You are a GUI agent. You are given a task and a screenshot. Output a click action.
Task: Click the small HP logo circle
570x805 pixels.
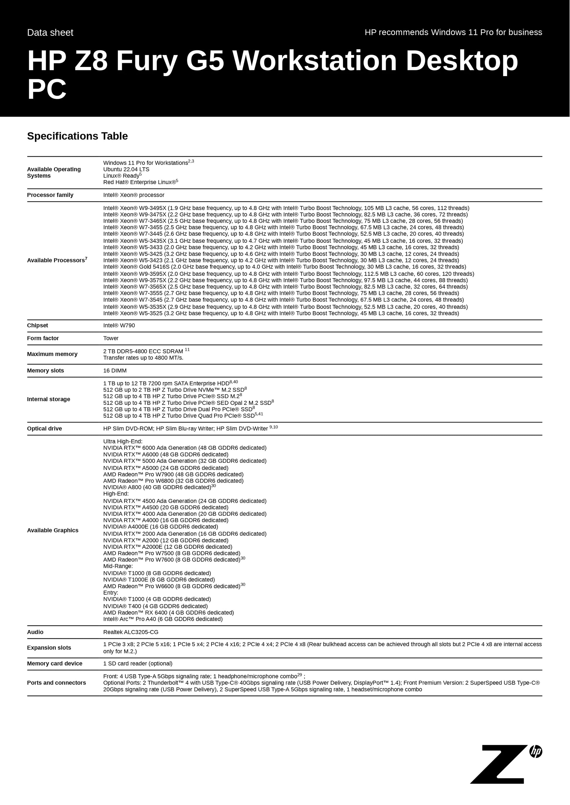[536, 751]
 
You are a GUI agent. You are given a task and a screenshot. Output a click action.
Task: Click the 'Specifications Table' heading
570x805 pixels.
[77, 136]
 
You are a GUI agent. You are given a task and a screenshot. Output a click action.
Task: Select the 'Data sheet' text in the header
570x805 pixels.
[50, 32]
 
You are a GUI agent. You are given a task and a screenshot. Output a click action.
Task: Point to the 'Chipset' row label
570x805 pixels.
[37, 325]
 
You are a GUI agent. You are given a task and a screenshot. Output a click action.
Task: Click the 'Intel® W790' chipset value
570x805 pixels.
[119, 325]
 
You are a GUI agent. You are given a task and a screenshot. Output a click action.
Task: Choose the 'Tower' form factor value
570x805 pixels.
[111, 338]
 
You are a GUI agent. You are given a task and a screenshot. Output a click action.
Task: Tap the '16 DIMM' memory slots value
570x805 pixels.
[115, 371]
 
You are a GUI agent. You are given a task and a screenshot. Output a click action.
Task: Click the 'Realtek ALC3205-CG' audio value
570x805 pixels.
[131, 632]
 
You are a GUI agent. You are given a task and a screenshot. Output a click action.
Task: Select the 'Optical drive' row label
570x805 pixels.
[44, 429]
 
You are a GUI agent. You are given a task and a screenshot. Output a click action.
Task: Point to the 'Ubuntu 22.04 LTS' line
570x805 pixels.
[126, 169]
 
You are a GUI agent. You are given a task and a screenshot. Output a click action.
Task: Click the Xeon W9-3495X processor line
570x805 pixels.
[286, 208]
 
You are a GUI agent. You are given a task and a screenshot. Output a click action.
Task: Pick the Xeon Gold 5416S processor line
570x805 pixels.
[284, 267]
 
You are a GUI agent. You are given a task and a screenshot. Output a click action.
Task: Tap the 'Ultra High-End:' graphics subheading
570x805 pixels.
[123, 441]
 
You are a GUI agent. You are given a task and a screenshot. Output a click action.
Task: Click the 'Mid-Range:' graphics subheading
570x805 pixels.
[118, 566]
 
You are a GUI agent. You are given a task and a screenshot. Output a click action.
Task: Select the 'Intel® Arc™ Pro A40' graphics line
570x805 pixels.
[163, 619]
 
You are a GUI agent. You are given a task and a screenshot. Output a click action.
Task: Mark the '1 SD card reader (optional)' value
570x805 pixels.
[138, 663]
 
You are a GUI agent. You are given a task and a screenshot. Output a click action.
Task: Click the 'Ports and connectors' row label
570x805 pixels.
[57, 683]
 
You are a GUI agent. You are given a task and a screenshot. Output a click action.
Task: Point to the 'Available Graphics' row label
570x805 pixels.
[53, 530]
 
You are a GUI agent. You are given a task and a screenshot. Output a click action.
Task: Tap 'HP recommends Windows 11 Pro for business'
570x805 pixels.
[453, 32]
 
